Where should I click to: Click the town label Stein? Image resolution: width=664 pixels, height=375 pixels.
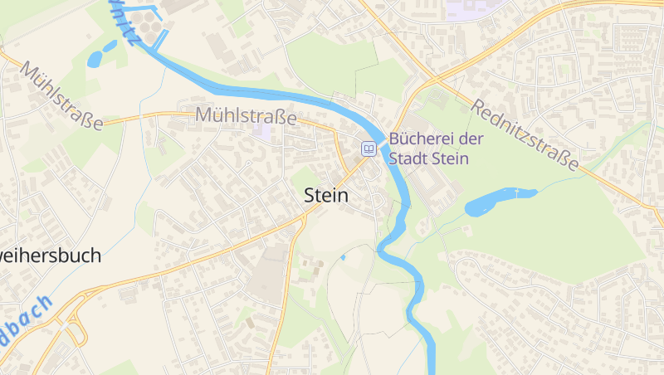pyautogui.click(x=326, y=196)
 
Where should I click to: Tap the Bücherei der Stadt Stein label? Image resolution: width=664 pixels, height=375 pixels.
pyautogui.click(x=429, y=149)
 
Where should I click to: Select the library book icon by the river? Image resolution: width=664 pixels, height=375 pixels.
pyautogui.click(x=369, y=149)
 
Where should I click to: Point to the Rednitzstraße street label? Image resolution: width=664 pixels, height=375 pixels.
pyautogui.click(x=525, y=135)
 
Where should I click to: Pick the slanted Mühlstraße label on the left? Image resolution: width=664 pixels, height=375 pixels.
pyautogui.click(x=62, y=95)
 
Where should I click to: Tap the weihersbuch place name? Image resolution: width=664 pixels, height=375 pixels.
pyautogui.click(x=51, y=256)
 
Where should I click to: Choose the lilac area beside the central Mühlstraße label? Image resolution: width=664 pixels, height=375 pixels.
pyautogui.click(x=263, y=130)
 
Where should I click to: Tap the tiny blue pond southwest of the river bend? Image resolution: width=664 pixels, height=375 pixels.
pyautogui.click(x=342, y=257)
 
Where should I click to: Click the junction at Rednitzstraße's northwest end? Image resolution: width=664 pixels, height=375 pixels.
pyautogui.click(x=432, y=80)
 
